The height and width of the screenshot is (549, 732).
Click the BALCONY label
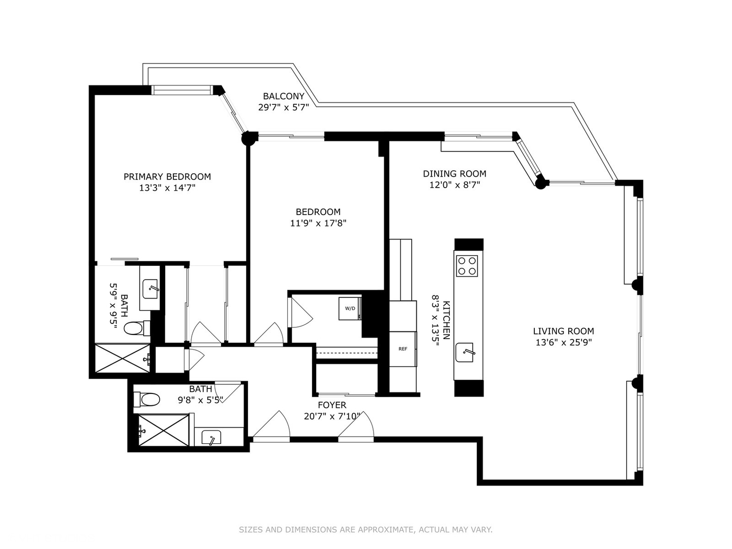[x=283, y=96]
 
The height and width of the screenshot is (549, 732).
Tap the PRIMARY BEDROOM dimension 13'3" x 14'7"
[x=167, y=188]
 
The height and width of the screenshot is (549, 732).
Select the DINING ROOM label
[x=454, y=173]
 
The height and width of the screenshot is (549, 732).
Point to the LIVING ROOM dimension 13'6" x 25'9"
[x=563, y=343]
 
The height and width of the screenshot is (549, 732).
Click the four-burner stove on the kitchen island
[x=467, y=265]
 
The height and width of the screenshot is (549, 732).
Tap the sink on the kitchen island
[x=466, y=352]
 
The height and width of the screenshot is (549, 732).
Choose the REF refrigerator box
[x=403, y=349]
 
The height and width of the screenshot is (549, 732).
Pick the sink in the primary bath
[x=150, y=288]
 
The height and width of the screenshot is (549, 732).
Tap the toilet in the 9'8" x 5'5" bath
[x=148, y=399]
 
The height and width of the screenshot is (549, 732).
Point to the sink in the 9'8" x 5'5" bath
[x=211, y=437]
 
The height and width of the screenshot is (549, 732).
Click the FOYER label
[x=332, y=405]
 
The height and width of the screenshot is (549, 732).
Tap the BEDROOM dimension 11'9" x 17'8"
[x=318, y=223]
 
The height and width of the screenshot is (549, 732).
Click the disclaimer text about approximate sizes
[x=365, y=530]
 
